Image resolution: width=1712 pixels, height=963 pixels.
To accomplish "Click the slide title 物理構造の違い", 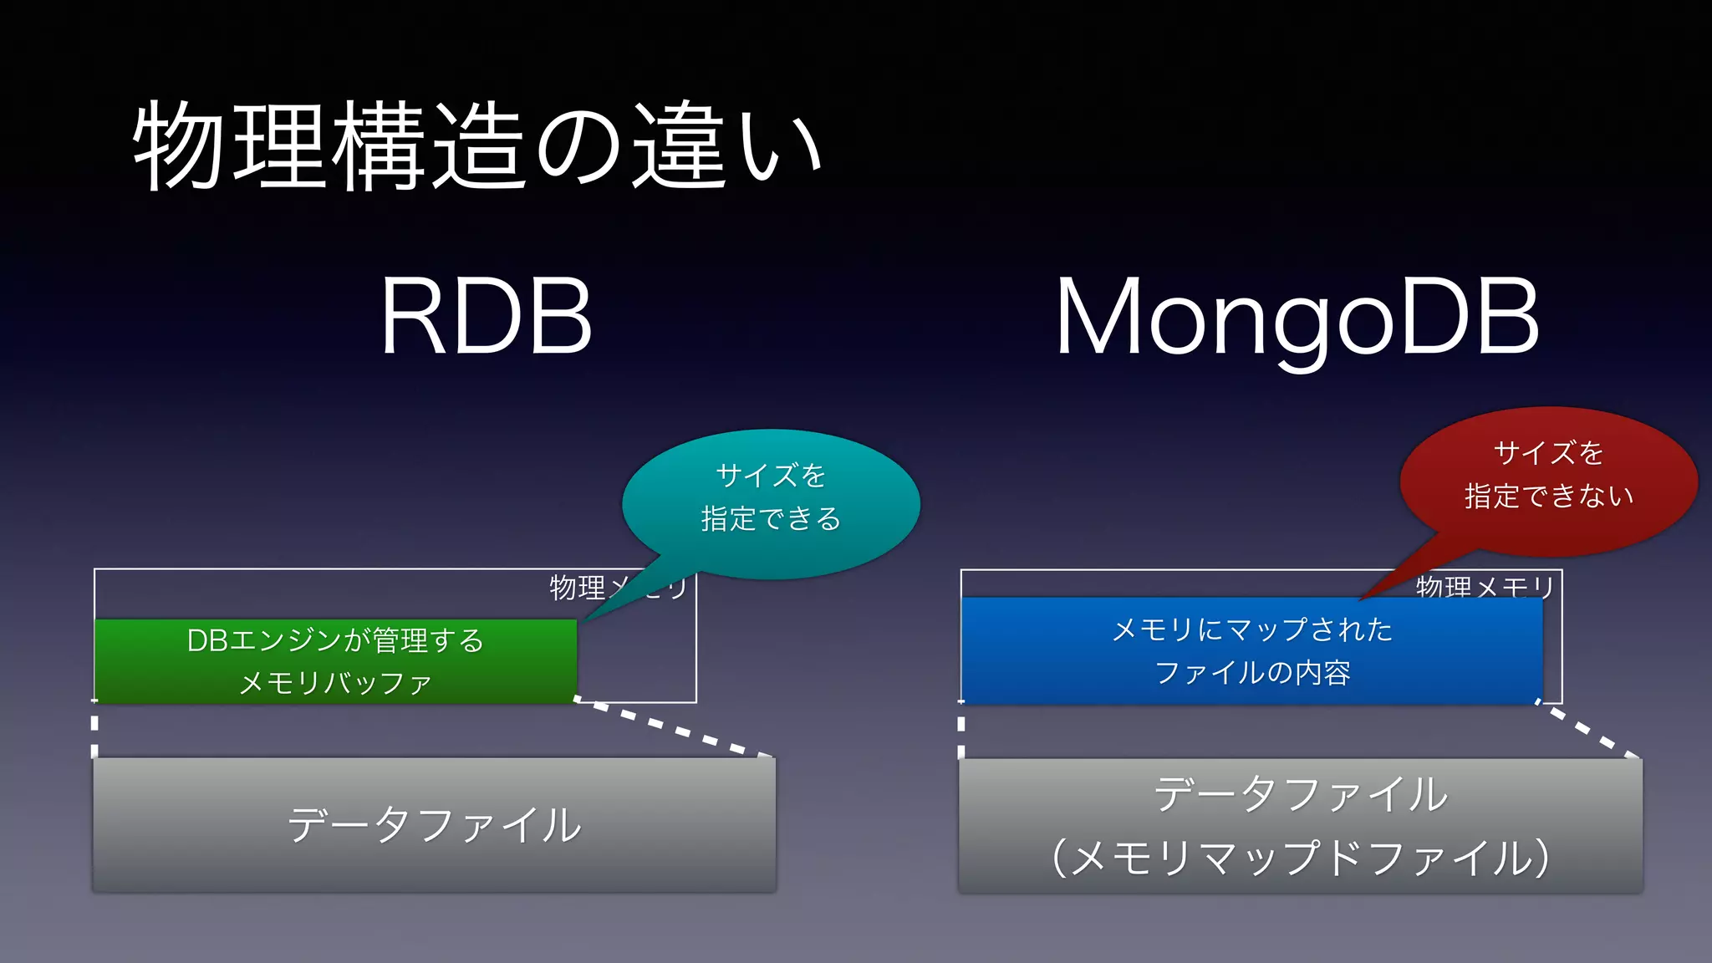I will (477, 146).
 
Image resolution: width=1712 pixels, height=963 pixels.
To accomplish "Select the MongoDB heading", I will (1297, 318).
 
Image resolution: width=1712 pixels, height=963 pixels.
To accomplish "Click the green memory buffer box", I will (335, 661).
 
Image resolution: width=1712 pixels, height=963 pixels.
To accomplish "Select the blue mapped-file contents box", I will (1251, 650).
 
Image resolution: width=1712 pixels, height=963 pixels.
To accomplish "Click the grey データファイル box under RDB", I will (434, 824).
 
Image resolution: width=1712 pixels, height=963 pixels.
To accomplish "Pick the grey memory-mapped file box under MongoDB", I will (1300, 825).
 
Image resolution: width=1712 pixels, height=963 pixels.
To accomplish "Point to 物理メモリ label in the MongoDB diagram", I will (1484, 586).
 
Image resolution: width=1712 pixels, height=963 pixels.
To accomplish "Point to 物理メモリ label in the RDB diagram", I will (577, 587).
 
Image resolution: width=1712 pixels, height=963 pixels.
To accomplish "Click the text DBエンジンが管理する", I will (335, 641).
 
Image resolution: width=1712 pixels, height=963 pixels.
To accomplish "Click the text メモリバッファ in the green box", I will (335, 683).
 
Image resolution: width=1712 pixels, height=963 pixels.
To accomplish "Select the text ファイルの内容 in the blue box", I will (1252, 673).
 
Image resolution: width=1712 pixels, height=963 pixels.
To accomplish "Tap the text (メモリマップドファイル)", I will (1300, 859).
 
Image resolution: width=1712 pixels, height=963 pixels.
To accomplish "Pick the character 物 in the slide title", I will (179, 146).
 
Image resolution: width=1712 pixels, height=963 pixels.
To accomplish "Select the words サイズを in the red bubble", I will (1548, 453).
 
